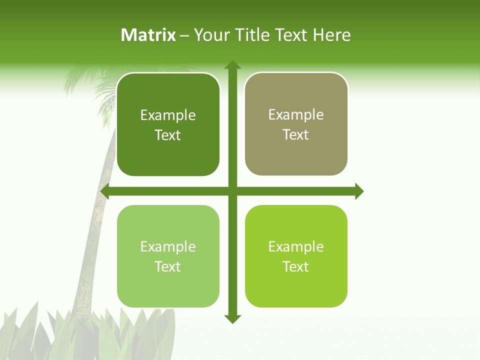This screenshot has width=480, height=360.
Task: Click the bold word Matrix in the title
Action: (x=148, y=35)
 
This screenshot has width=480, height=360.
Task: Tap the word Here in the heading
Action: (x=331, y=35)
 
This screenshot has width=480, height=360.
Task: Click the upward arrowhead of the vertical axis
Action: (x=232, y=65)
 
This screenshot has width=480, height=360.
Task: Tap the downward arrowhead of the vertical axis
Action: (x=232, y=319)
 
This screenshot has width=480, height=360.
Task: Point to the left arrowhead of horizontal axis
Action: (x=105, y=191)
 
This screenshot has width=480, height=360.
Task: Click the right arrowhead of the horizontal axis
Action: (x=359, y=191)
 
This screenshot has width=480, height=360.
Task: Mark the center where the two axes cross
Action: (x=232, y=191)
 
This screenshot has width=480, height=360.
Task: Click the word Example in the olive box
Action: (x=296, y=115)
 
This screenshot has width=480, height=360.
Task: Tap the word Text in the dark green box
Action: (x=168, y=135)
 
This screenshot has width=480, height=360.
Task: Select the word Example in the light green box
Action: (x=168, y=246)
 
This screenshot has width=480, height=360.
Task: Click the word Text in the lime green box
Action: (x=296, y=267)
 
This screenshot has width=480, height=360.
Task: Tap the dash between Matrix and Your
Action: (x=184, y=35)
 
